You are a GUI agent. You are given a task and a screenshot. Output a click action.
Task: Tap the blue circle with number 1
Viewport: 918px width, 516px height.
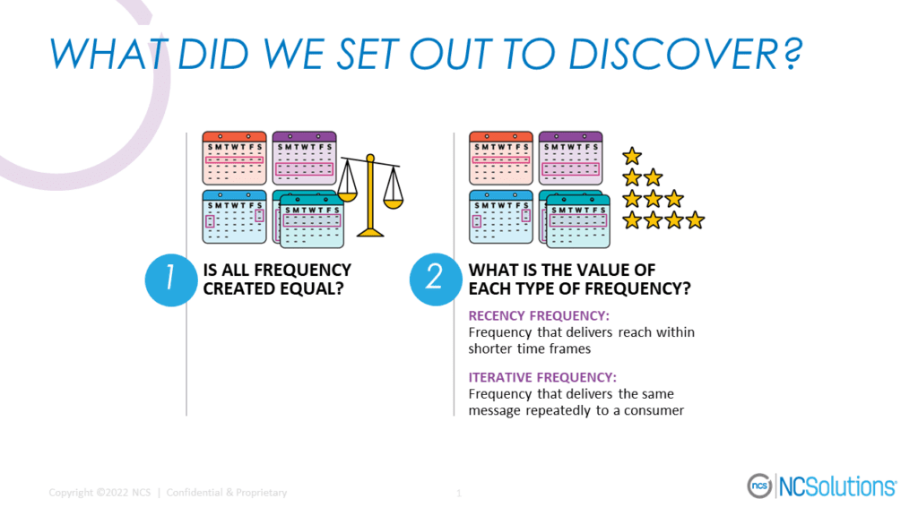click(x=169, y=279)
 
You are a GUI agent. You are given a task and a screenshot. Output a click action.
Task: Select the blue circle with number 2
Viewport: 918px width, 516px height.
click(x=435, y=279)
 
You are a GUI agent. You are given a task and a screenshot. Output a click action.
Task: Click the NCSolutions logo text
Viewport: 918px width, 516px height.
click(x=836, y=486)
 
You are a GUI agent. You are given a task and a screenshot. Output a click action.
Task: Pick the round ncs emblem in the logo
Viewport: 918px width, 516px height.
click(x=759, y=486)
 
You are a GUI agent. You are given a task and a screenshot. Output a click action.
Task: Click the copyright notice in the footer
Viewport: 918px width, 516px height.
click(x=168, y=493)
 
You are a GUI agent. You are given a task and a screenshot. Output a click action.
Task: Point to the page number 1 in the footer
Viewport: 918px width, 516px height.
click(x=459, y=493)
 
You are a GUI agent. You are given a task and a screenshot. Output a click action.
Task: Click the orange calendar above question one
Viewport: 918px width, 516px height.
click(x=234, y=158)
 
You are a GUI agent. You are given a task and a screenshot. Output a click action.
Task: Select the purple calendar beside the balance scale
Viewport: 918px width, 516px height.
click(x=304, y=158)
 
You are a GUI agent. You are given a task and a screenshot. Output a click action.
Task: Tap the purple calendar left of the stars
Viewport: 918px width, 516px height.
click(x=570, y=158)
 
